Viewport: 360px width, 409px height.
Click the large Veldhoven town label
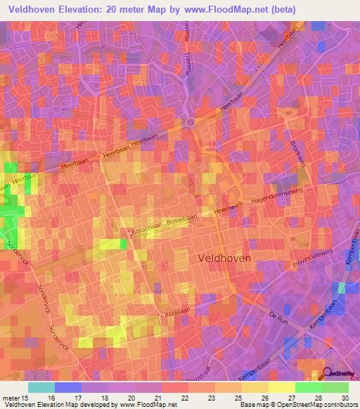(x=221, y=258)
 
